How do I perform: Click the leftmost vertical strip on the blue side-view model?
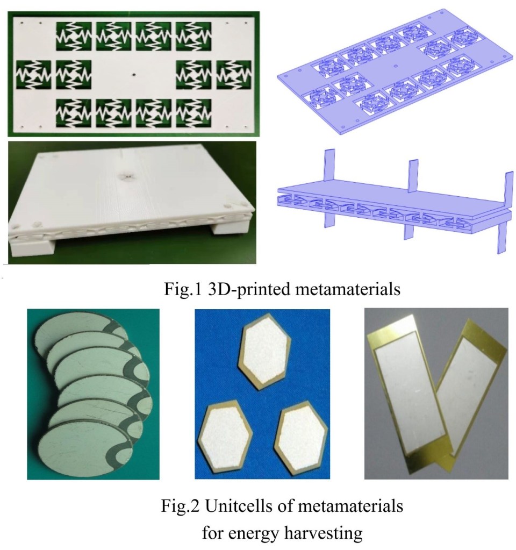pyautogui.click(x=329, y=189)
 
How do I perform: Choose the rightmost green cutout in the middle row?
pyautogui.click(x=234, y=74)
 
